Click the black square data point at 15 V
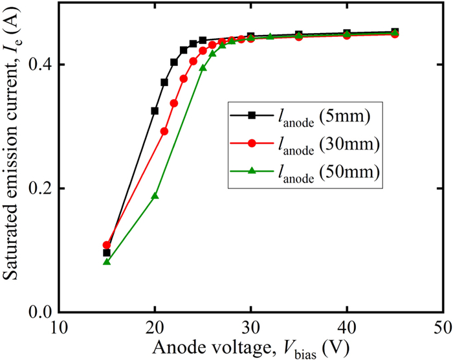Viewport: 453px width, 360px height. coord(107,253)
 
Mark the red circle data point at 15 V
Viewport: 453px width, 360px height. coord(107,245)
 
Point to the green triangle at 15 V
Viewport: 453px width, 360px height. coord(107,262)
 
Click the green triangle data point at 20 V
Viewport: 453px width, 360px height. coord(155,196)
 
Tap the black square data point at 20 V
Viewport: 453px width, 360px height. coord(155,111)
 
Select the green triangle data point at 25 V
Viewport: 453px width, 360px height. coord(203,68)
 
